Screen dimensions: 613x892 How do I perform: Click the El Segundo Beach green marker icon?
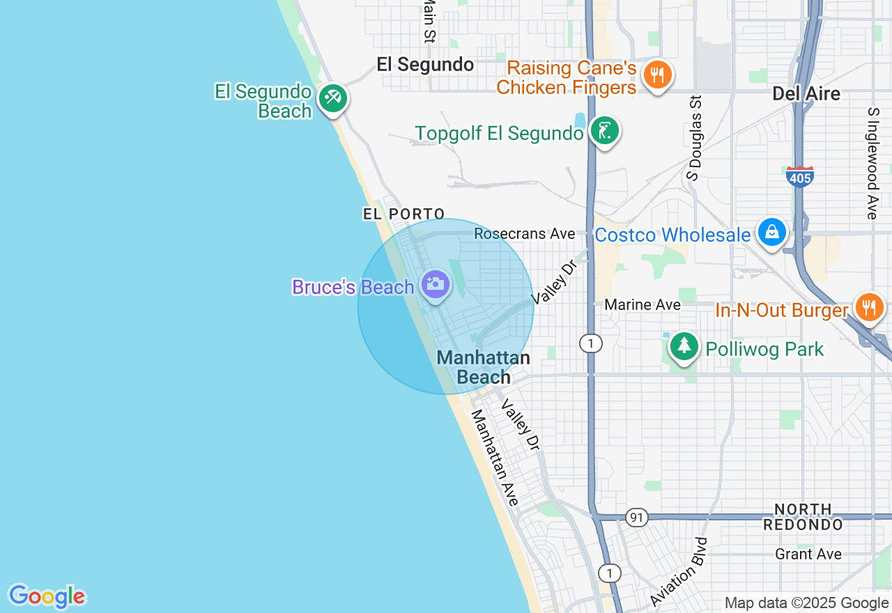point(332,98)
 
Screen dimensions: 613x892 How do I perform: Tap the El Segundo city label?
point(425,65)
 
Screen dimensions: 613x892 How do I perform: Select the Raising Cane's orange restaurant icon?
point(656,73)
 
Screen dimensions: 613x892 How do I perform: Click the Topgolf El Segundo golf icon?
point(604,130)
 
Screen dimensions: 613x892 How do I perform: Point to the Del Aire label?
point(806,93)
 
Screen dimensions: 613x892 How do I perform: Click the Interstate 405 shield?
point(800,177)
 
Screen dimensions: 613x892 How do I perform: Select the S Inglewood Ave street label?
point(872,163)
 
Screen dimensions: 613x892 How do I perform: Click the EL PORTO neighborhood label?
point(403,214)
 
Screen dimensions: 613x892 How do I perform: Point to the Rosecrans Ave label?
point(525,234)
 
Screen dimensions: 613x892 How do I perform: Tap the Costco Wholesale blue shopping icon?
point(771,232)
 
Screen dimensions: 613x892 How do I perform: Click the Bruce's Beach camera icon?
point(436,284)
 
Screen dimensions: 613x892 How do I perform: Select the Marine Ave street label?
point(643,304)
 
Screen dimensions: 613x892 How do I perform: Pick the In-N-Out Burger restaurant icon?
point(868,307)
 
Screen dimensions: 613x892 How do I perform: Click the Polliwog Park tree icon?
point(684,346)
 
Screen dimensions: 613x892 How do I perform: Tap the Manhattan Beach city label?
point(483,367)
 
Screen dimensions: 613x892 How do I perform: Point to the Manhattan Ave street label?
point(495,457)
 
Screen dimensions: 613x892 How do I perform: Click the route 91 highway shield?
point(636,518)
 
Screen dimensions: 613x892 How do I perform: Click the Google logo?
point(47,596)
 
